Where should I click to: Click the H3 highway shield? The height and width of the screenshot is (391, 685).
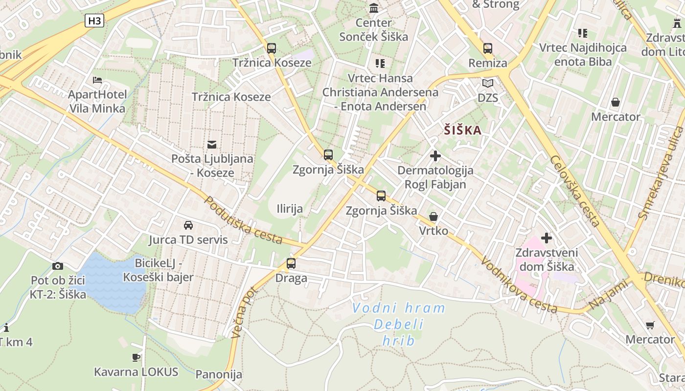click(x=94, y=21)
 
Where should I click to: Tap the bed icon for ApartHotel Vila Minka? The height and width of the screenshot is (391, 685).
click(x=97, y=80)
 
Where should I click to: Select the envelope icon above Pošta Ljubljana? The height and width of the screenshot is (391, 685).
click(x=212, y=144)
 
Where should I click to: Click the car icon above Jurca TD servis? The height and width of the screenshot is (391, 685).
click(x=188, y=225)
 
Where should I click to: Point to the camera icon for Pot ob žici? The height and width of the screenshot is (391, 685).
click(x=58, y=266)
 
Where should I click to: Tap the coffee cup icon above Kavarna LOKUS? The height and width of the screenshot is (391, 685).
click(x=136, y=357)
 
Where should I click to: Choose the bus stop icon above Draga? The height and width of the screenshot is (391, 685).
click(x=291, y=263)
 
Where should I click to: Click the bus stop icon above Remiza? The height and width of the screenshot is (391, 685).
click(x=488, y=48)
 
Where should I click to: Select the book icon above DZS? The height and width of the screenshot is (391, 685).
click(x=488, y=83)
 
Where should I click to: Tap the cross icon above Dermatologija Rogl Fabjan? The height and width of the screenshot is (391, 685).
click(x=435, y=156)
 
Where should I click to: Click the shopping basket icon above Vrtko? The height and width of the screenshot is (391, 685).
click(x=433, y=216)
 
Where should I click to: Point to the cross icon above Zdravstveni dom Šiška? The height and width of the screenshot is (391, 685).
click(x=547, y=238)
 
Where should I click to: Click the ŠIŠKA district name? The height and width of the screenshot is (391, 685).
click(x=463, y=130)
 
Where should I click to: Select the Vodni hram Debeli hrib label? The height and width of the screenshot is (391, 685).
click(x=398, y=324)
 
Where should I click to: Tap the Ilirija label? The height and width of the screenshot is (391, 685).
click(x=290, y=209)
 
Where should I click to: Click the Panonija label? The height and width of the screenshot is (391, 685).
click(x=219, y=374)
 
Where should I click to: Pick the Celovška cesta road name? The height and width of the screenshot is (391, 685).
click(x=574, y=191)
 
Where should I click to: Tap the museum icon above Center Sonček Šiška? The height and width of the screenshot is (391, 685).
click(x=374, y=8)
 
